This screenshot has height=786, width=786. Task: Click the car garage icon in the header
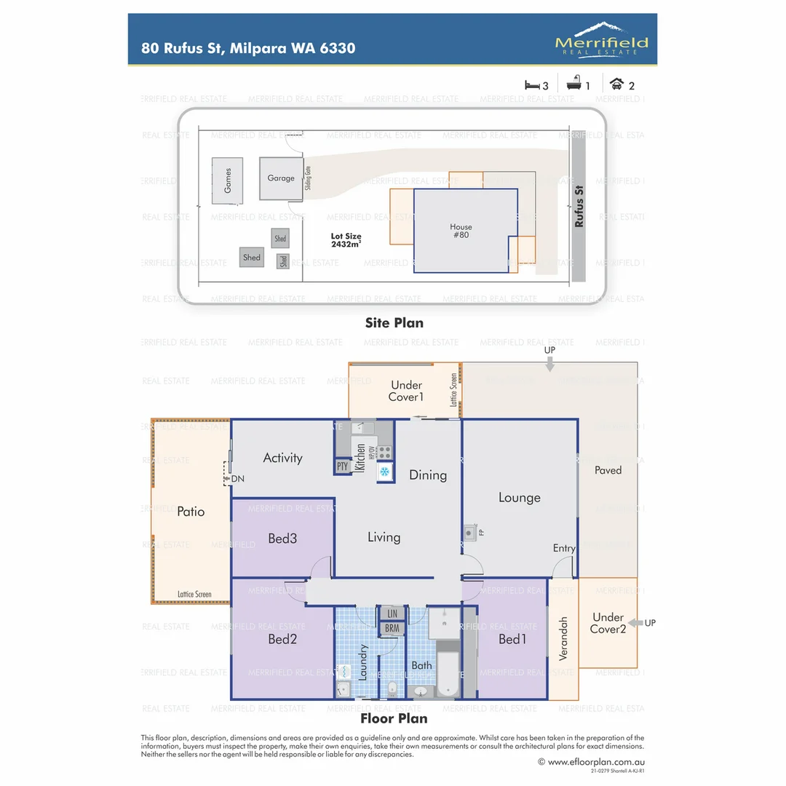(x=616, y=84)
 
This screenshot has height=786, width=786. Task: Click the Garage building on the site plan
(x=280, y=178)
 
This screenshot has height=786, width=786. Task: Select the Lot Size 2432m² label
(x=346, y=241)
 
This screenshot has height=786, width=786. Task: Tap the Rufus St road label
(x=579, y=206)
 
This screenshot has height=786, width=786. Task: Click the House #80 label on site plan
(x=461, y=231)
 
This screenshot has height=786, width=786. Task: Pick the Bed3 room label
(x=282, y=539)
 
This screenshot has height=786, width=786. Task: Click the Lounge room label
(x=519, y=498)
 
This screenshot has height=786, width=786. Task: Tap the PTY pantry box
(x=342, y=467)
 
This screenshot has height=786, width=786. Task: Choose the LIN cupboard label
(x=392, y=614)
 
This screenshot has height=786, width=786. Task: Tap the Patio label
(x=191, y=512)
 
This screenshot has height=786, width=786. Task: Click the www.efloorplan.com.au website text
(x=590, y=762)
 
